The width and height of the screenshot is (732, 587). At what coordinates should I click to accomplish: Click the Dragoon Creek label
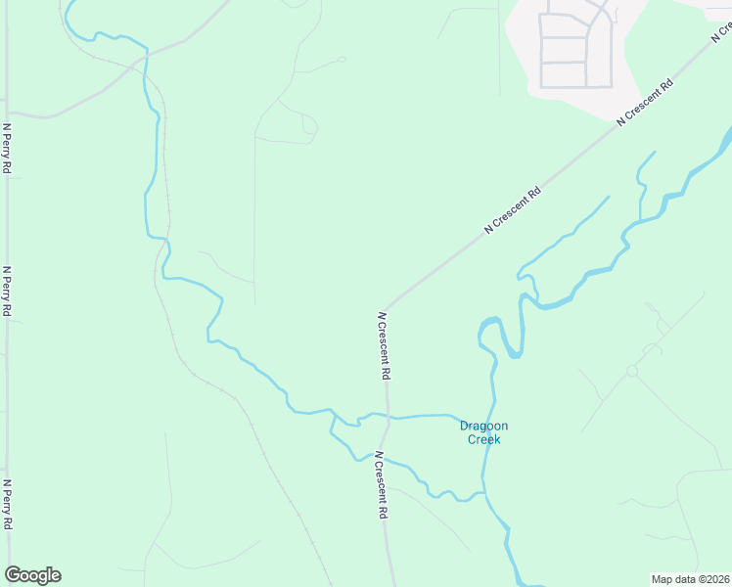483,432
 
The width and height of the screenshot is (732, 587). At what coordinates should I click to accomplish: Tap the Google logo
32,575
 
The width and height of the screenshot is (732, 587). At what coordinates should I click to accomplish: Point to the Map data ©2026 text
691,578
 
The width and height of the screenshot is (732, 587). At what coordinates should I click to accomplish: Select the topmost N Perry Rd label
7,149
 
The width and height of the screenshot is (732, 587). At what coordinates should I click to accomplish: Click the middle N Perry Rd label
7,292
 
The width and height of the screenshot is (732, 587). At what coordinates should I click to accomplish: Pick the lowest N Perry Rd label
7,505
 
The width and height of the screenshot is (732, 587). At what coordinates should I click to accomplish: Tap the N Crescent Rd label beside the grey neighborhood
646,102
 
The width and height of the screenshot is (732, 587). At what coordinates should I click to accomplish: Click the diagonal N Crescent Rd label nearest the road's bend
513,210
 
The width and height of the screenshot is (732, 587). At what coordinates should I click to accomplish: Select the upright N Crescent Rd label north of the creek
385,346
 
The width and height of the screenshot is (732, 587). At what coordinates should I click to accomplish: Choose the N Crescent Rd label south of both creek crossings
383,485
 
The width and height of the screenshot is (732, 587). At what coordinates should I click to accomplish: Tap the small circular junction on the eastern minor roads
632,372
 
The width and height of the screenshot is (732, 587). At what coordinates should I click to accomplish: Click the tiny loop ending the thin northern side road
342,59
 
